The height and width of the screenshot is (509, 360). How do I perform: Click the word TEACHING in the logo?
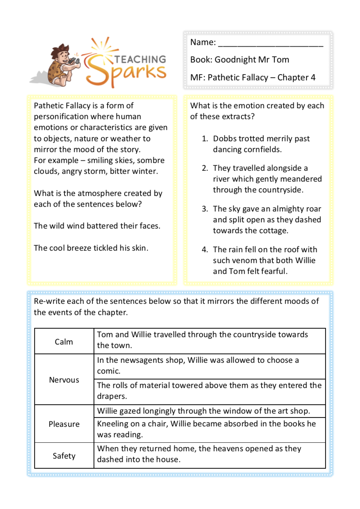(140, 59)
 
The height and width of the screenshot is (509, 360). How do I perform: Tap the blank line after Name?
(270, 43)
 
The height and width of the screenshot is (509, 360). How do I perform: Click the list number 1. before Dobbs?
(205, 139)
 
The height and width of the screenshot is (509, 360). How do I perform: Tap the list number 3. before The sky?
(205, 209)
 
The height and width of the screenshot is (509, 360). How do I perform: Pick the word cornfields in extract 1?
(262, 149)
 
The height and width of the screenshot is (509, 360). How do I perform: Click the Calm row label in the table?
(64, 342)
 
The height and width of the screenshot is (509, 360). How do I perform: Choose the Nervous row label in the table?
(64, 380)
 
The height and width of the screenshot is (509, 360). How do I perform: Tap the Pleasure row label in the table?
(64, 424)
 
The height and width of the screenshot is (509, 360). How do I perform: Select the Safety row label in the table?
(64, 456)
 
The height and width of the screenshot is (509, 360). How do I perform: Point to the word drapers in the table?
(111, 396)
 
